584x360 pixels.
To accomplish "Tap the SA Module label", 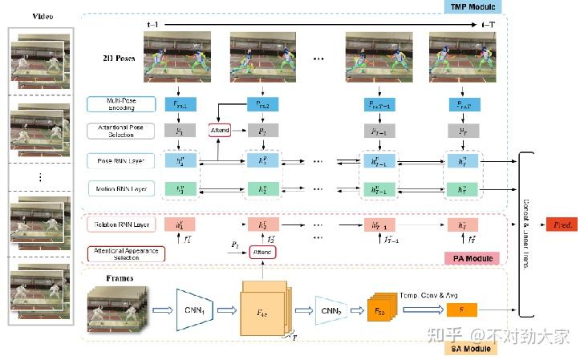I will click(x=472, y=348).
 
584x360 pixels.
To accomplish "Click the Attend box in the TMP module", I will click(x=221, y=130).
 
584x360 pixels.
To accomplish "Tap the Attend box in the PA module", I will click(x=262, y=253).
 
